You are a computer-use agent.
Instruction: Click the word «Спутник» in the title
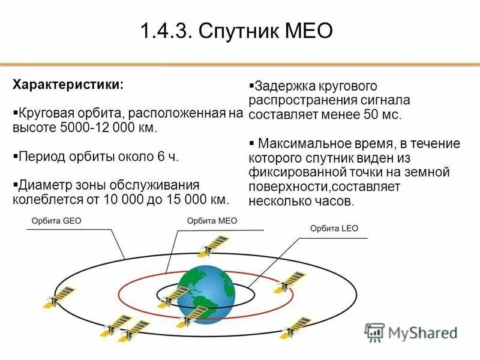(239, 31)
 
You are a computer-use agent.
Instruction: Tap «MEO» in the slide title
(310, 31)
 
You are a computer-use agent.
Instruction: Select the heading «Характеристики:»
(68, 84)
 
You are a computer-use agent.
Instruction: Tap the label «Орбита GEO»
(56, 221)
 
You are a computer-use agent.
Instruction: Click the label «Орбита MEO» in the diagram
(212, 221)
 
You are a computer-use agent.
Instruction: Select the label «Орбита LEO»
(334, 229)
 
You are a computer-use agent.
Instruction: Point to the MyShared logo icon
(374, 332)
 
